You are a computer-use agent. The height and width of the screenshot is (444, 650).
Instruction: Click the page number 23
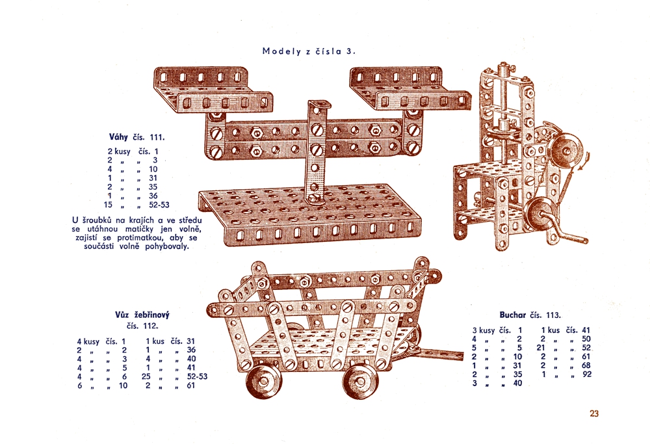tap(594, 413)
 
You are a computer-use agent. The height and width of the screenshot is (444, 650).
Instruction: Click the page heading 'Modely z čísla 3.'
tap(309, 51)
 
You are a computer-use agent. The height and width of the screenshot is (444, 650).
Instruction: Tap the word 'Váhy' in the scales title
tap(118, 137)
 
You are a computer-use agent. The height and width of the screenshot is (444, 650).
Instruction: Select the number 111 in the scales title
tap(157, 137)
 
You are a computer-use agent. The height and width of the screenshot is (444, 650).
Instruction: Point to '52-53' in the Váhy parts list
tap(159, 204)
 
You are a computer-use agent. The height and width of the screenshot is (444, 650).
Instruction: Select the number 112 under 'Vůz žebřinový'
tap(151, 326)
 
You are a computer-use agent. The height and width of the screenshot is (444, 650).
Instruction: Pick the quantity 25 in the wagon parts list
tap(146, 376)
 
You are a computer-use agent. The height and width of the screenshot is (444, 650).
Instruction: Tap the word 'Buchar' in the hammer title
tap(512, 315)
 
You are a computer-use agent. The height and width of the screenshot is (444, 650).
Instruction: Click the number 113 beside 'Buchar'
tap(553, 315)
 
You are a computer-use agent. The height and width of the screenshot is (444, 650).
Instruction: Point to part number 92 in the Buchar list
tap(586, 374)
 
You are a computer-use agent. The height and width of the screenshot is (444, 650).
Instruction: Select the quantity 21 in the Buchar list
tap(541, 347)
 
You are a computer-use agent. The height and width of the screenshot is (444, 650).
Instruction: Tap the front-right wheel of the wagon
tap(361, 382)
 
